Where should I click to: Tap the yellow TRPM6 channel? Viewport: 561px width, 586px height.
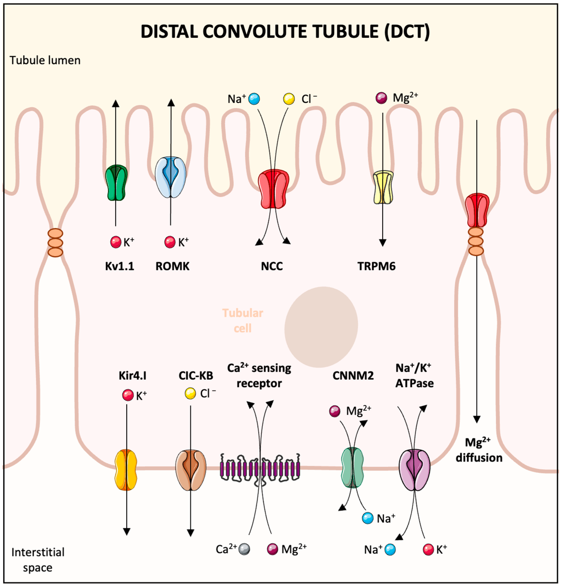383,187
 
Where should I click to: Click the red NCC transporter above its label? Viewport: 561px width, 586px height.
273,189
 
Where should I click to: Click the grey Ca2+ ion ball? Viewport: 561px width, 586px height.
244,549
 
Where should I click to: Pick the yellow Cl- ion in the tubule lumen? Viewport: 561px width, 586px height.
289,99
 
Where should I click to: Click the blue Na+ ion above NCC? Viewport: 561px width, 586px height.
254,99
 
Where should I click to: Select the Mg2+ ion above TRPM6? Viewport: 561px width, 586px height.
381,98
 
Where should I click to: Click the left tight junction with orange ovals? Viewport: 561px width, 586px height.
55,243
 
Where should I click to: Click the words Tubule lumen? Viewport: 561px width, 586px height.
45,60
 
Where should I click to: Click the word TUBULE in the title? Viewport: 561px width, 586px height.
345,31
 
